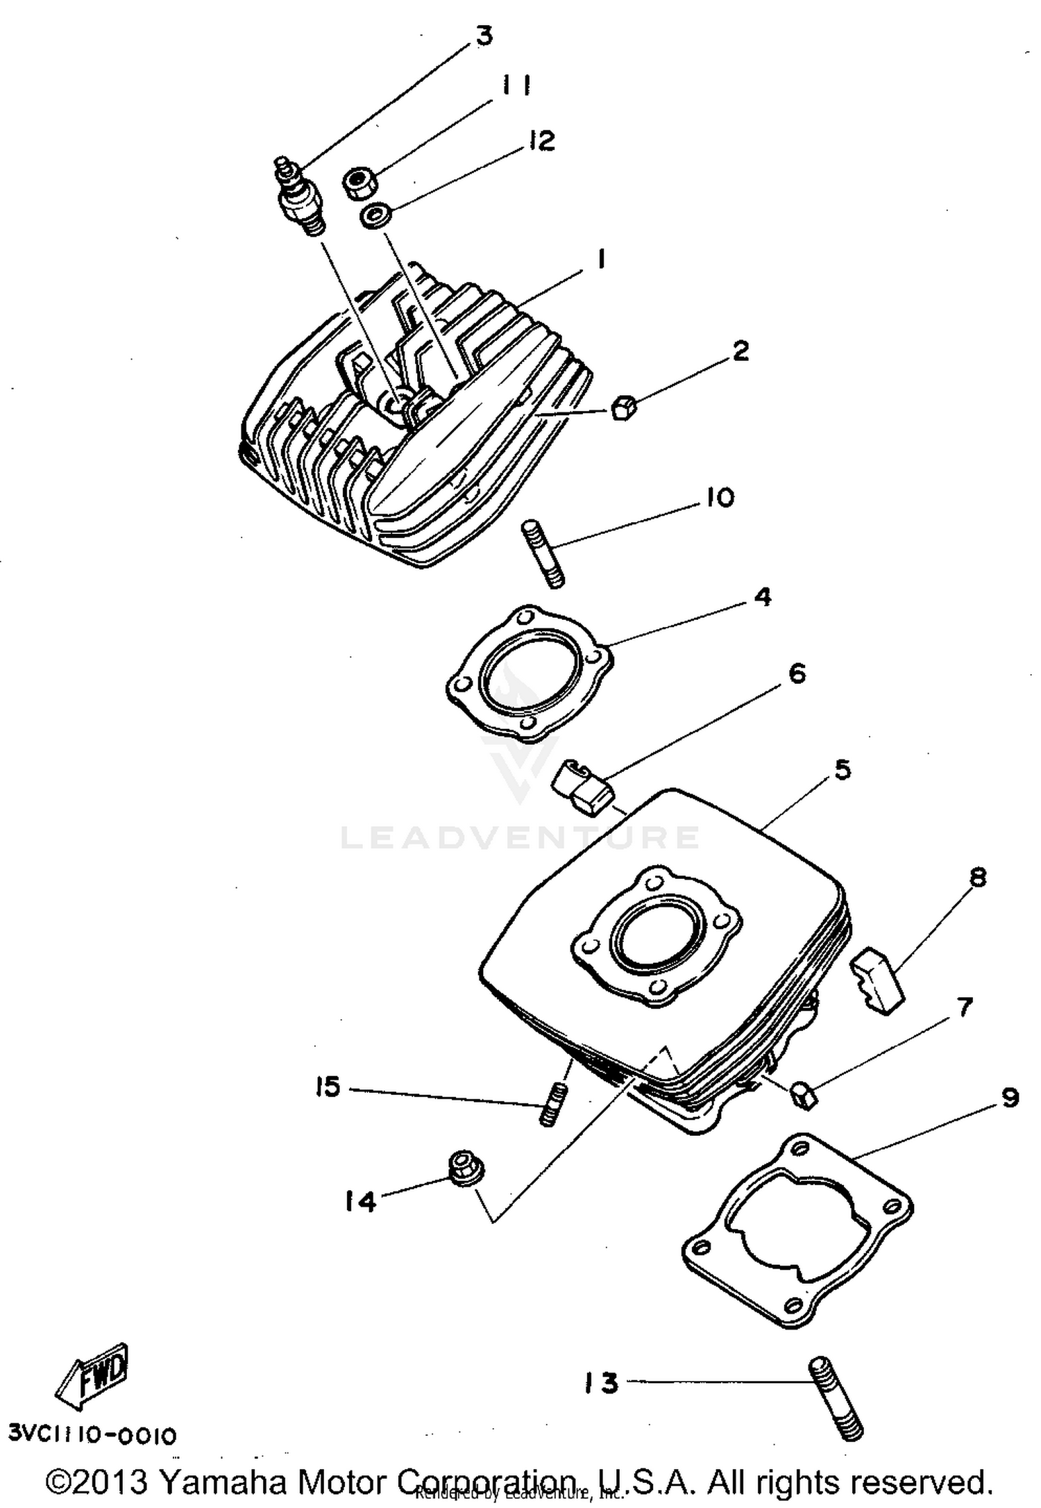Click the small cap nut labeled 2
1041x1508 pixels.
click(x=623, y=408)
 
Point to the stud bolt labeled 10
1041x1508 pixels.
click(x=543, y=555)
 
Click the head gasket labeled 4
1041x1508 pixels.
click(x=529, y=670)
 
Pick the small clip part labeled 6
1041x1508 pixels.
click(x=580, y=789)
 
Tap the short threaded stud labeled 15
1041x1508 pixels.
click(x=552, y=1105)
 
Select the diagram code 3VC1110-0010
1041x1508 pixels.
click(x=92, y=1434)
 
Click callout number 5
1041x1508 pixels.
click(x=842, y=769)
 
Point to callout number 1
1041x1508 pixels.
click(x=601, y=260)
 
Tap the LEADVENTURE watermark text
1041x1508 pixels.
click(x=520, y=837)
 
